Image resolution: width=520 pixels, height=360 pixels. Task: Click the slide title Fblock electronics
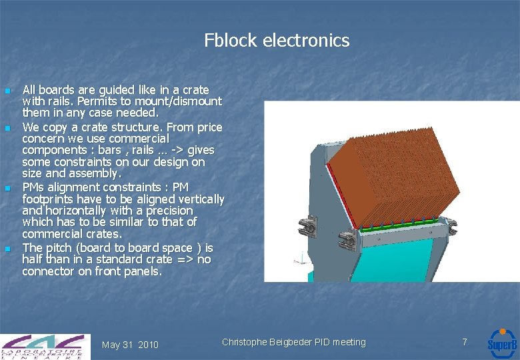click(x=277, y=41)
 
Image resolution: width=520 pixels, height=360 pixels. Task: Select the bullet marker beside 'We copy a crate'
click(x=7, y=127)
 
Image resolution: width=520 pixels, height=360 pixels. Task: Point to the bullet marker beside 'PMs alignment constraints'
click(x=7, y=189)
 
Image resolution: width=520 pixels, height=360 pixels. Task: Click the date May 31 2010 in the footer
click(x=130, y=345)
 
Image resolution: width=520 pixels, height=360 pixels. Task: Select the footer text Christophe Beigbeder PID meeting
click(x=293, y=342)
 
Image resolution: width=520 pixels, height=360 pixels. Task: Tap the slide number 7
click(x=465, y=342)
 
